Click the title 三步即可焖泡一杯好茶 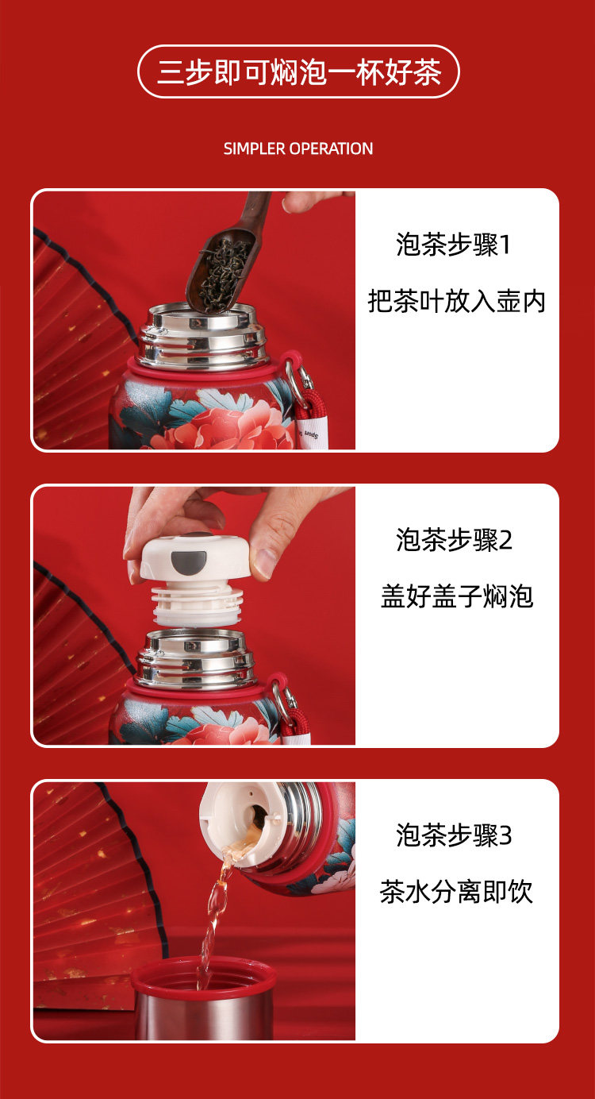click(x=298, y=72)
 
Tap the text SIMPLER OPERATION click(x=298, y=148)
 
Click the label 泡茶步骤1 click(x=453, y=245)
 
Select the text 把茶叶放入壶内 click(x=456, y=301)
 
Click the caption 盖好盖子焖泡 click(x=457, y=596)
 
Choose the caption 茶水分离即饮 click(x=456, y=892)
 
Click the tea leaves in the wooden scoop click(x=223, y=275)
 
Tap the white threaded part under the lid click(x=198, y=605)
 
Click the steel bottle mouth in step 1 click(x=202, y=336)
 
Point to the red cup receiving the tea click(x=203, y=998)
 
